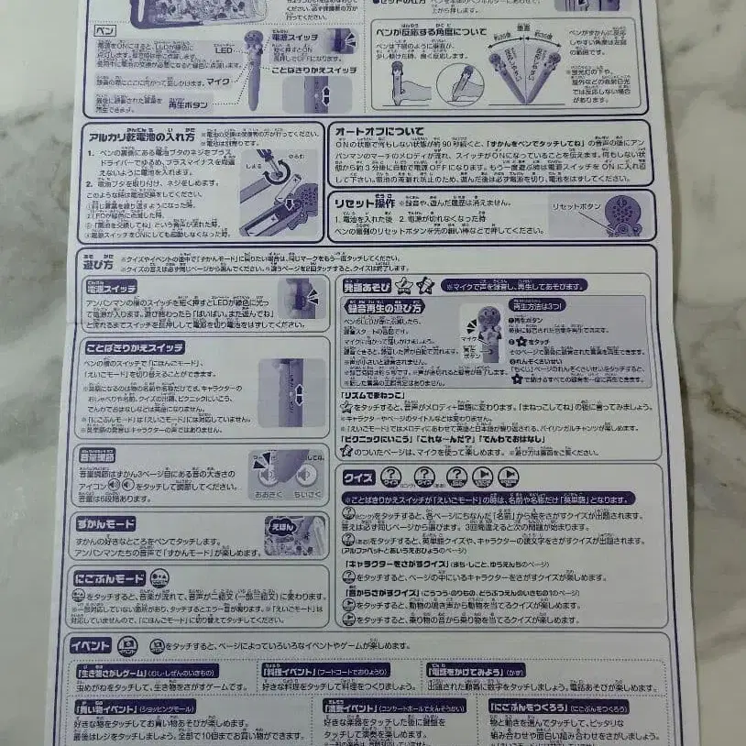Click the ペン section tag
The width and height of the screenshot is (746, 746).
[x=106, y=30]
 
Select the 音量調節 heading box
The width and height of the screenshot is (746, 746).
[x=97, y=454]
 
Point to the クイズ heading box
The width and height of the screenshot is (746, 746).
[x=357, y=477]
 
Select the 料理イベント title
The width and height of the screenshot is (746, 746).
[x=275, y=671]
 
